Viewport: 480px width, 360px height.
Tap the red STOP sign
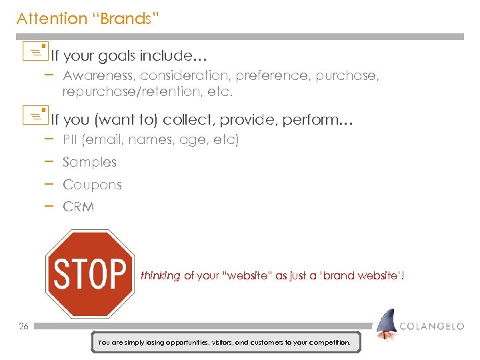point(89,273)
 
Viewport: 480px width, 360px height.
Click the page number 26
point(23,326)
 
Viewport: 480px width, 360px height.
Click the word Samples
point(89,162)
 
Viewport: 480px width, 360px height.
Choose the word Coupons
point(92,185)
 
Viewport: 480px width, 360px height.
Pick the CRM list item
point(78,207)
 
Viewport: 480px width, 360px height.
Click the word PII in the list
point(71,140)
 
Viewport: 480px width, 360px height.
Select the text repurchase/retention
point(138,91)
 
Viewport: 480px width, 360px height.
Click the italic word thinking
point(160,276)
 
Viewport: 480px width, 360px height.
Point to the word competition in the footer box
point(327,342)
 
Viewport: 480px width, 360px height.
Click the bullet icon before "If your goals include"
point(39,50)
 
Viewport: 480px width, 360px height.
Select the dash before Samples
point(49,161)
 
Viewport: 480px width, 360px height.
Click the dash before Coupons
point(49,183)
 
